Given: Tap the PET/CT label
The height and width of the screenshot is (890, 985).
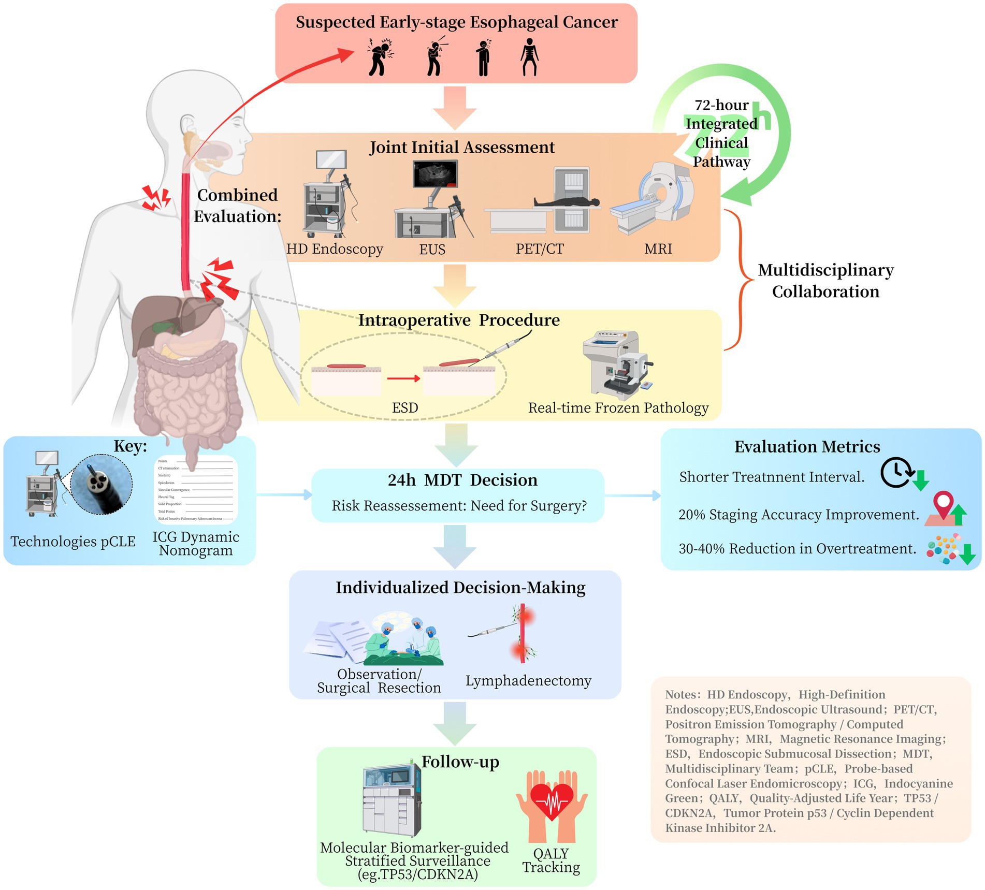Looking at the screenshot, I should pyautogui.click(x=539, y=249).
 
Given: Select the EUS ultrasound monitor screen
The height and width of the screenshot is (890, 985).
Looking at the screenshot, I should pyautogui.click(x=435, y=173).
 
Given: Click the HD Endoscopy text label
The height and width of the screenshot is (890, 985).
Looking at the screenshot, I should pyautogui.click(x=335, y=249).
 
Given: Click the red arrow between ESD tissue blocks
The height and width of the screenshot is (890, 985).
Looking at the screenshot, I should pyautogui.click(x=403, y=378).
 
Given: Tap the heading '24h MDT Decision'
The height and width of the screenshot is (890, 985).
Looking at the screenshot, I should pyautogui.click(x=462, y=480).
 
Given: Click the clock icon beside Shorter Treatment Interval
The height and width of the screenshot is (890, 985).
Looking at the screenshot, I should pyautogui.click(x=897, y=472).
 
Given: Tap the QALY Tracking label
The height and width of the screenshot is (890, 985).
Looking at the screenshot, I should pyautogui.click(x=551, y=860).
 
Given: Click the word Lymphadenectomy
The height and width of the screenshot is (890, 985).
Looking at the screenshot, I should pyautogui.click(x=528, y=680).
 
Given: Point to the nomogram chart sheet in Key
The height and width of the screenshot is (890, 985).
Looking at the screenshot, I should pyautogui.click(x=196, y=489).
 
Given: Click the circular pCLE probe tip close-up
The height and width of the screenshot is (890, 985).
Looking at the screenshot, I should pyautogui.click(x=102, y=484).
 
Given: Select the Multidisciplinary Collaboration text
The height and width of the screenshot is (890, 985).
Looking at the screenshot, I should pyautogui.click(x=825, y=281).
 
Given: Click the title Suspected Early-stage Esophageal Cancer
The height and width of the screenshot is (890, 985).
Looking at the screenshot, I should pyautogui.click(x=456, y=22).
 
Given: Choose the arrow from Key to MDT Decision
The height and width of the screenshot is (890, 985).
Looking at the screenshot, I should pyautogui.click(x=283, y=495).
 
